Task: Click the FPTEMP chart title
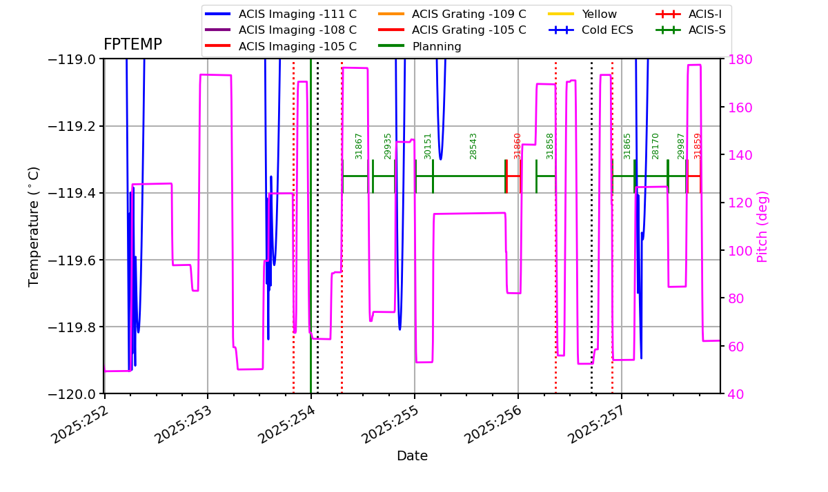(132, 45)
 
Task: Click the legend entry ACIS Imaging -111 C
(297, 14)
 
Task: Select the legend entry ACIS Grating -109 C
(469, 14)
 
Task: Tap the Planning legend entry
(437, 47)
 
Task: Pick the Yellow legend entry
(599, 14)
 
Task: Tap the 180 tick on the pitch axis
(736, 59)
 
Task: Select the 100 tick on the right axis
(736, 250)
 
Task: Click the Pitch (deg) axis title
(762, 227)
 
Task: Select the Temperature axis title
(34, 226)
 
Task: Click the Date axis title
(412, 456)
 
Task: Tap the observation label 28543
(473, 146)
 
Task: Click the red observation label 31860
(517, 146)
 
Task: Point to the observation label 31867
(359, 146)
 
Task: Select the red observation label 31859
(698, 146)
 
